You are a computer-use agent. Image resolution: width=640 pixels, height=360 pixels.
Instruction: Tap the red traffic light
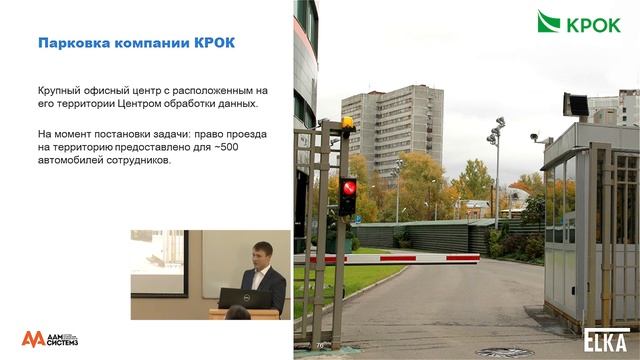pos(348,186)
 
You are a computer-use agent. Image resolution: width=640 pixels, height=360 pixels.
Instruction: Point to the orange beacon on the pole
pos(347,124)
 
